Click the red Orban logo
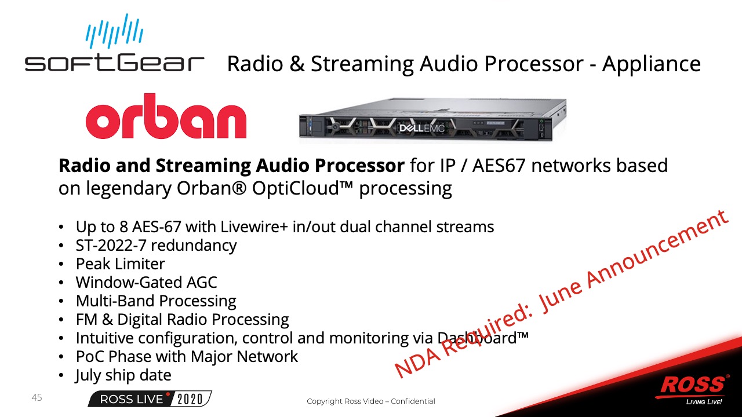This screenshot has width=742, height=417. (166, 116)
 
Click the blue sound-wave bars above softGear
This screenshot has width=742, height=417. (115, 31)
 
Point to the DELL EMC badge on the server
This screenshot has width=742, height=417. (421, 128)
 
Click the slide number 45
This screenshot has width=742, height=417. (37, 397)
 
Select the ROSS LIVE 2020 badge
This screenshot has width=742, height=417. (150, 399)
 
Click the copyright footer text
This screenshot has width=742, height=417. (370, 401)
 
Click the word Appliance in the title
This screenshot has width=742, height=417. (651, 64)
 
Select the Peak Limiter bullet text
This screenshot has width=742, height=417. (120, 264)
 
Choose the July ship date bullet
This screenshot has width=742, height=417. (123, 375)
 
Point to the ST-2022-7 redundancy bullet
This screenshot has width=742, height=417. (156, 245)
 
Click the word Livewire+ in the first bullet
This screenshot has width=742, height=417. (254, 226)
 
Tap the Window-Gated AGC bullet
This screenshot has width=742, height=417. (147, 282)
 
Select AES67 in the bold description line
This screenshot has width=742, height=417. (499, 165)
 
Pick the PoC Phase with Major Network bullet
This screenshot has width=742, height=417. (187, 356)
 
